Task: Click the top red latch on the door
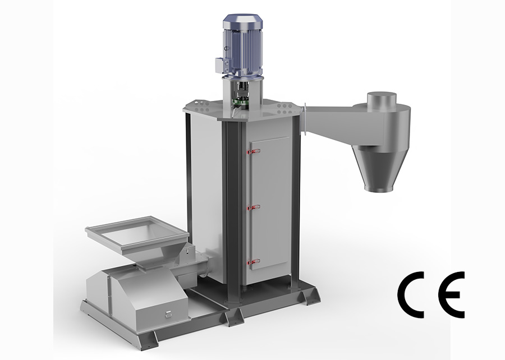[254, 151]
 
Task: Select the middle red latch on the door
[254, 207]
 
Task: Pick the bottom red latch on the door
[254, 262]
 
